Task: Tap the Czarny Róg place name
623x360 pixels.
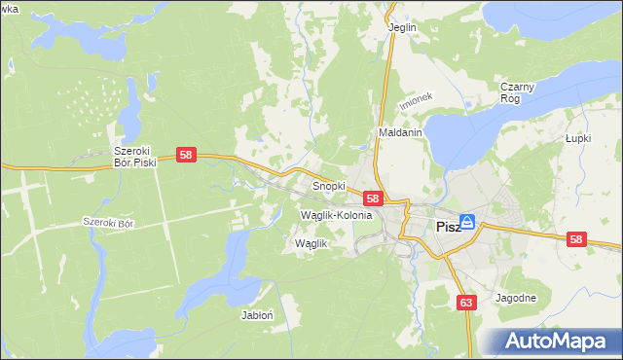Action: point(518,92)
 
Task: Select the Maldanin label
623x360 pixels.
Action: point(400,133)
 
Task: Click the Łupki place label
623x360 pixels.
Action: point(579,138)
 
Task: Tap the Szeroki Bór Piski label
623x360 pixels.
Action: point(135,157)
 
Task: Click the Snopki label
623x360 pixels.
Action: point(329,185)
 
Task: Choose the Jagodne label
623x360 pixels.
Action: point(516,298)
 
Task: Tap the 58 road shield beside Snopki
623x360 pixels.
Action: point(372,198)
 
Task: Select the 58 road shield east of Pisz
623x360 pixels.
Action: point(577,239)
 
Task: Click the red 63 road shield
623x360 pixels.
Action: point(466,304)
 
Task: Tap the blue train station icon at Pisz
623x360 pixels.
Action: point(467,223)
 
